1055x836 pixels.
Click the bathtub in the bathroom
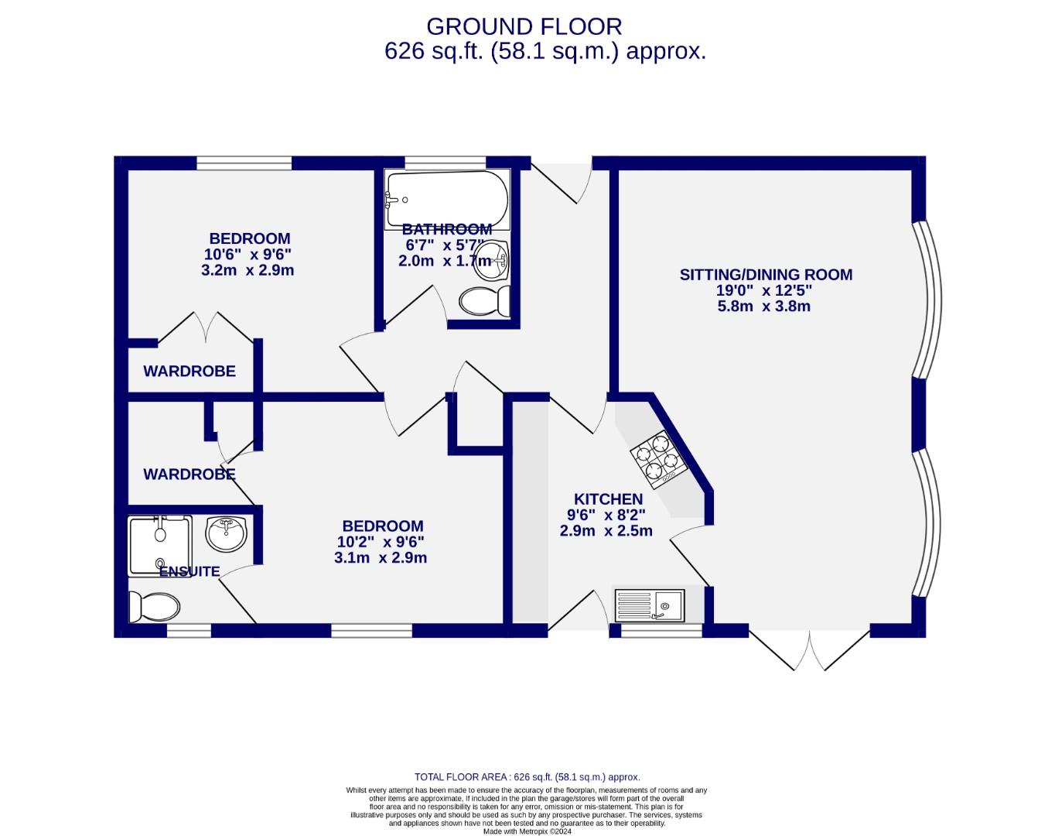pyautogui.click(x=447, y=199)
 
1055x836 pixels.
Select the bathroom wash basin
pyautogui.click(x=490, y=258)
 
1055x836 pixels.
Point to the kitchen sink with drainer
pyautogui.click(x=650, y=605)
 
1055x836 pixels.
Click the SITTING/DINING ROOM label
pyautogui.click(x=766, y=274)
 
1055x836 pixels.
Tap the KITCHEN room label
pyautogui.click(x=608, y=499)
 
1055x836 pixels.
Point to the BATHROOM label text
pyautogui.click(x=447, y=229)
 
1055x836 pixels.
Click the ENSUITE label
pyautogui.click(x=189, y=572)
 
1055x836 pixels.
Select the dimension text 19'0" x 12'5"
pyautogui.click(x=764, y=291)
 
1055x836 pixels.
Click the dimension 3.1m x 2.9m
pyautogui.click(x=381, y=558)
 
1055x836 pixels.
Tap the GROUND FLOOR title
pyautogui.click(x=524, y=26)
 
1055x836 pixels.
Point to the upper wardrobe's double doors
pyautogui.click(x=206, y=327)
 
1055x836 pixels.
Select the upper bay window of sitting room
pyautogui.click(x=926, y=300)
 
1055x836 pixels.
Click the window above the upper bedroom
pyautogui.click(x=244, y=163)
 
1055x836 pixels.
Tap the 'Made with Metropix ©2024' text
pyautogui.click(x=527, y=831)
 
